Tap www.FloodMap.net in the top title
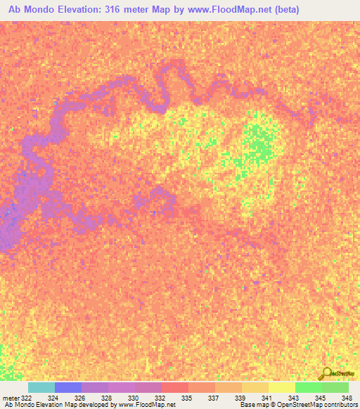tap(226, 10)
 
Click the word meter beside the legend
tap(11, 397)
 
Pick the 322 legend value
tap(26, 397)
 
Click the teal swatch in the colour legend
tap(41, 388)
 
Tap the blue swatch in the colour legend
tap(67, 388)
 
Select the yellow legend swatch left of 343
tap(281, 388)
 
